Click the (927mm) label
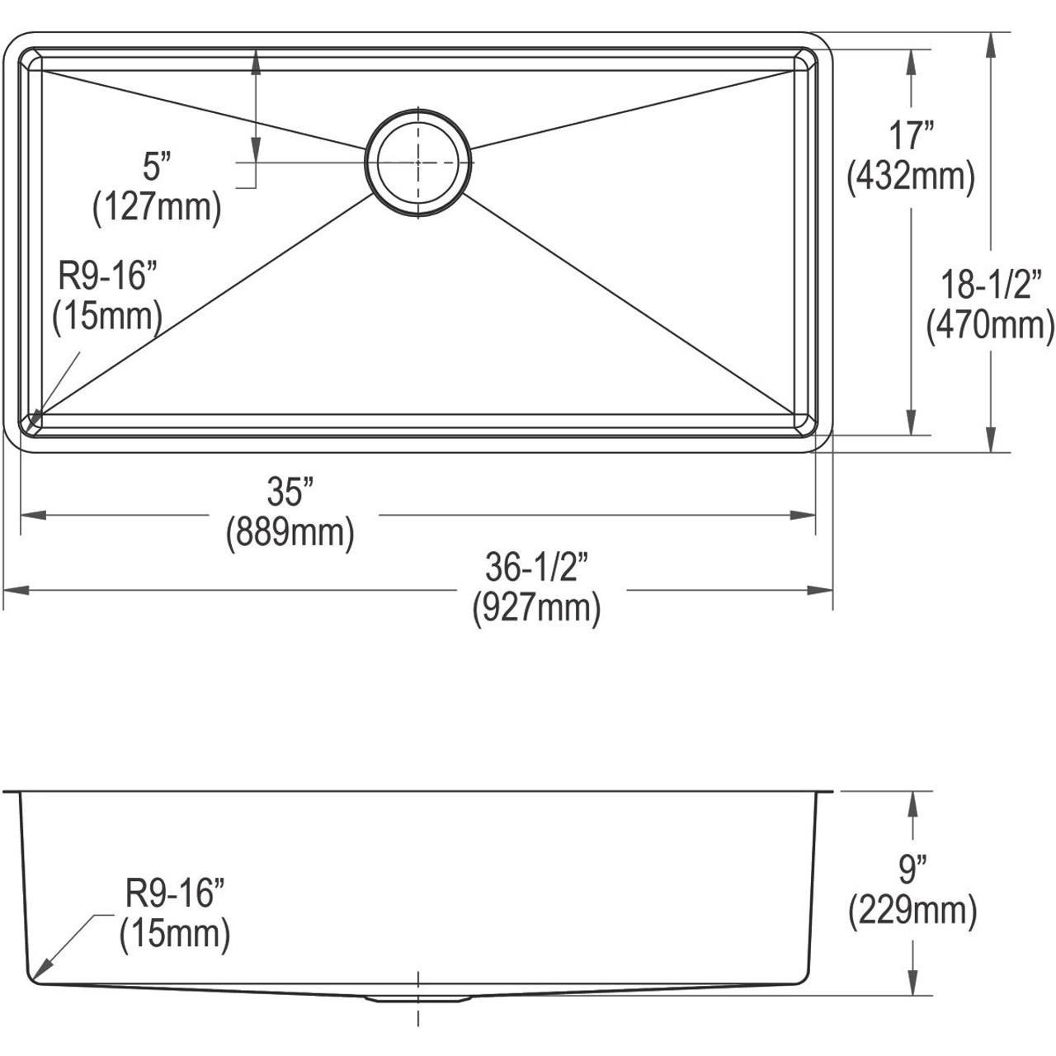click(535, 608)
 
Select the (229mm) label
click(912, 911)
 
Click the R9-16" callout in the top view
click(107, 277)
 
